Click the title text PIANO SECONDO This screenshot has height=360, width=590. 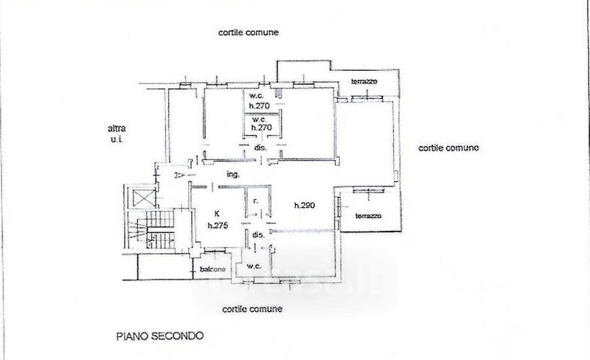click(x=159, y=335)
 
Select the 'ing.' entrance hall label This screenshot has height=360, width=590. click(x=233, y=175)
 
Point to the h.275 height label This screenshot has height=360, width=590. click(x=217, y=226)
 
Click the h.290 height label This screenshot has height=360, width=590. click(x=304, y=206)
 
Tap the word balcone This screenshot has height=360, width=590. click(x=213, y=269)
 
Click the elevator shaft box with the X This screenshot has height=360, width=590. click(x=143, y=197)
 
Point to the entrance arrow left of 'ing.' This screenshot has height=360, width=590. click(x=179, y=175)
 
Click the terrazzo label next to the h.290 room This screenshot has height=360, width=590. click(x=368, y=216)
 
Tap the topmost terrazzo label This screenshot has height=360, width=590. click(x=364, y=80)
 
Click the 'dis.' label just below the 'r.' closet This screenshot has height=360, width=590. click(x=258, y=235)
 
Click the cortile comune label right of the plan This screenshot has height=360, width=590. click(x=448, y=148)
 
